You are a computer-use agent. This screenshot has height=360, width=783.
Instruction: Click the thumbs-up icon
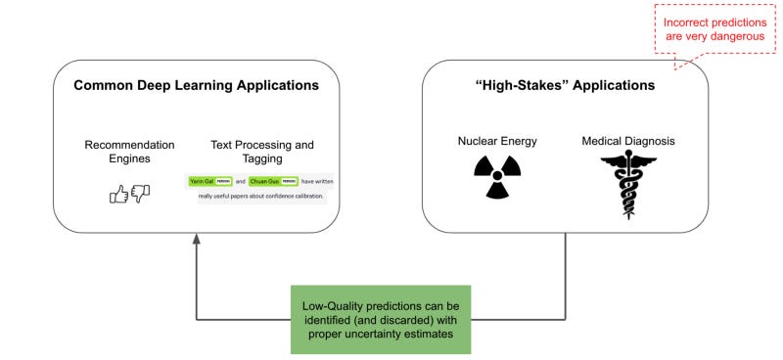click(x=119, y=195)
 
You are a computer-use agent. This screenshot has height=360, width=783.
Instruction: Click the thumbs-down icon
click(x=140, y=195)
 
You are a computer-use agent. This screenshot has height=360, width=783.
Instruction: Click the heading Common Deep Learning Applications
click(x=196, y=86)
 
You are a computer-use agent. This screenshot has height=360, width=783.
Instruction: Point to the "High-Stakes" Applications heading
click(x=564, y=86)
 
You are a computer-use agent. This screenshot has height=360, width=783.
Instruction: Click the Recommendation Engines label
click(x=130, y=153)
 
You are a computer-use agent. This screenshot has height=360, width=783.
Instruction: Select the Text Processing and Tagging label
click(x=262, y=153)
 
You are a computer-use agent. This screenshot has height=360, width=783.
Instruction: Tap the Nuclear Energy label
click(x=497, y=141)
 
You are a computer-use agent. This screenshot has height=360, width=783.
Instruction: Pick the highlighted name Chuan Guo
click(x=266, y=181)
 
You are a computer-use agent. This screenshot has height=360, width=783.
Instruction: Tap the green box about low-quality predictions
click(x=381, y=319)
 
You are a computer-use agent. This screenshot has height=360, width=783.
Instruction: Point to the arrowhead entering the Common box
click(x=197, y=240)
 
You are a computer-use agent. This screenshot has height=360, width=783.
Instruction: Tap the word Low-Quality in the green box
click(x=334, y=303)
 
